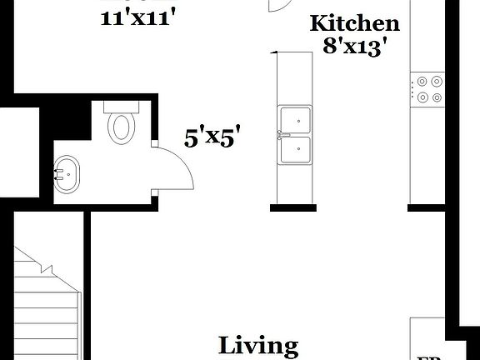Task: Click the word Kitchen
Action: (354, 23)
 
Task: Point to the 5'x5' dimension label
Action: (218, 137)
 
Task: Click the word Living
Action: (258, 345)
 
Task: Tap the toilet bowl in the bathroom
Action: (122, 129)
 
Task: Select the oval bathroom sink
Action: (69, 175)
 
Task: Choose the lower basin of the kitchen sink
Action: (296, 150)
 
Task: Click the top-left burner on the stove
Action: (422, 82)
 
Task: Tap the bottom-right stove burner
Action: (437, 97)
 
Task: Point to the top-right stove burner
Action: (437, 82)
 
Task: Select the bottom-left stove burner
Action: (422, 97)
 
